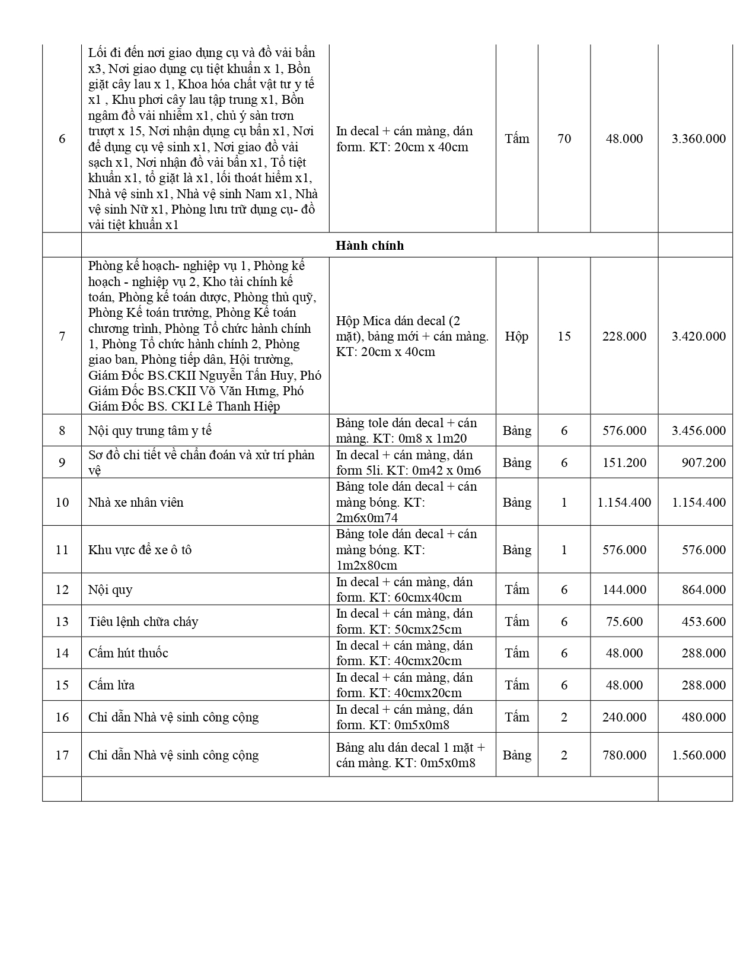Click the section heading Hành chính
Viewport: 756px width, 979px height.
tap(369, 246)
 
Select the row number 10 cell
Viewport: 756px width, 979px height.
tap(62, 503)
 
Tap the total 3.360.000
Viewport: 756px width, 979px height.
tap(698, 139)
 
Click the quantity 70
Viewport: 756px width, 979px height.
tap(564, 139)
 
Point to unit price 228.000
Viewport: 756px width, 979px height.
tap(624, 336)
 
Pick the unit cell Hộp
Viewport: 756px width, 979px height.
tap(516, 336)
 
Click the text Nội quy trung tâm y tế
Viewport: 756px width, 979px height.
tap(149, 431)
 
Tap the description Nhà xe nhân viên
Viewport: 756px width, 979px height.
tap(136, 503)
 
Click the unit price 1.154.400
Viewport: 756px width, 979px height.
tap(624, 503)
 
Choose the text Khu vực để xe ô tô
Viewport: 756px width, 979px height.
tap(140, 550)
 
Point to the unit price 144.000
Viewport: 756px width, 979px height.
tap(624, 590)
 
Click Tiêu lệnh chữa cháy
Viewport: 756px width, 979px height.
tap(143, 622)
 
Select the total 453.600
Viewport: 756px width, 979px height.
tap(703, 622)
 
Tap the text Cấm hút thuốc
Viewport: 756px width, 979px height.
tap(128, 653)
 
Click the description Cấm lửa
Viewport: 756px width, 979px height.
tap(111, 685)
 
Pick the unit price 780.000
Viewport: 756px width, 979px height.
tap(624, 755)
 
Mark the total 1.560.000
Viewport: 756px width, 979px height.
tap(698, 755)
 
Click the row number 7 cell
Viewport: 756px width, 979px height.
tap(62, 336)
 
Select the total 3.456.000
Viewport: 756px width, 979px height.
tap(698, 431)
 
